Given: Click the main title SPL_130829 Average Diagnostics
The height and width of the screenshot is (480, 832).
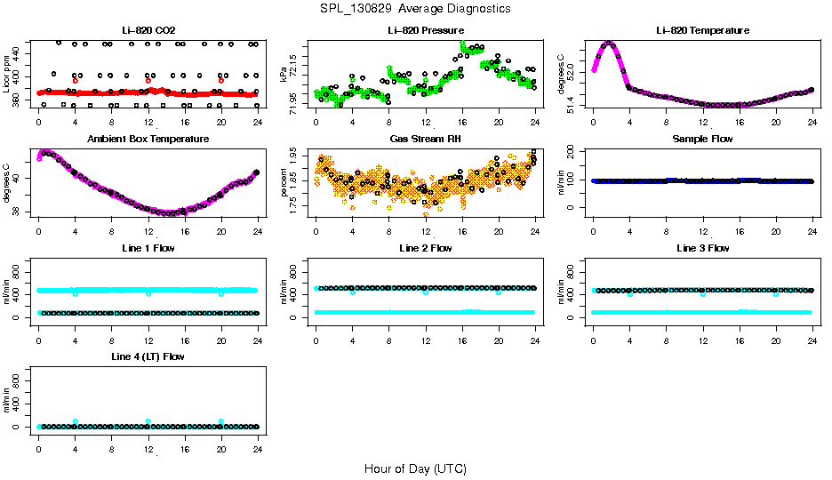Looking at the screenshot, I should click(416, 8).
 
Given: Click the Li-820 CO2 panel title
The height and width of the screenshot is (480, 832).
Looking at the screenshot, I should click(148, 30).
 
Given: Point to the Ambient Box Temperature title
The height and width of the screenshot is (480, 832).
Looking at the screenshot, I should click(148, 140).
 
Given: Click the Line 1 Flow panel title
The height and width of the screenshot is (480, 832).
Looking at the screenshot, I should click(148, 248).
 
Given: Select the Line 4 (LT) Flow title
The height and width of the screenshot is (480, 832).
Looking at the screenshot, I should click(148, 356).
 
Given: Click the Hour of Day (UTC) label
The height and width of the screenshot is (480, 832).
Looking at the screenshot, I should click(415, 468).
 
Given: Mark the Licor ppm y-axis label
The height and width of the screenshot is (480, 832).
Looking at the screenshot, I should click(7, 75).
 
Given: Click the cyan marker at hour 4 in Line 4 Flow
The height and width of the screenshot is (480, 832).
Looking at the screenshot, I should click(76, 421).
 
